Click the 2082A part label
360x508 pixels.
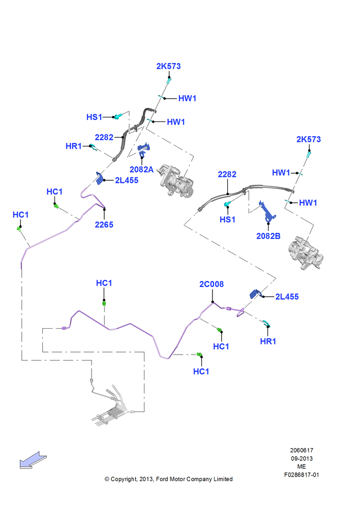coord(141,170)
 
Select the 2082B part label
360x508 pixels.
coord(268,236)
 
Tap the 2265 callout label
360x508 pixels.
coord(104,225)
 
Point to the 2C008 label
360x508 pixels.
coord(212,284)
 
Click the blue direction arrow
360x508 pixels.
coord(33,460)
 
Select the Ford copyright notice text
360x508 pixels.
coord(168,479)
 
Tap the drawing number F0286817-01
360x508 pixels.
coord(302,475)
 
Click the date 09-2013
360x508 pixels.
coord(302,458)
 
